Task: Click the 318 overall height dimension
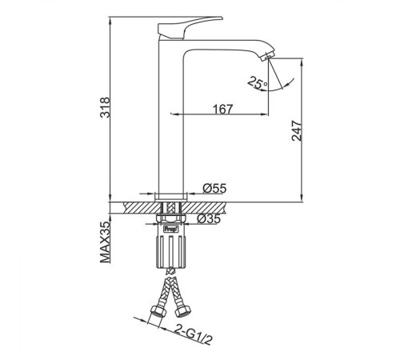[105, 107]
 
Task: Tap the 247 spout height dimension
[297, 130]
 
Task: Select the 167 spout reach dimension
[222, 109]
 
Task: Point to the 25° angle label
[258, 82]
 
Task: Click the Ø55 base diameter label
[214, 189]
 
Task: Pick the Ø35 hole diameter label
[209, 218]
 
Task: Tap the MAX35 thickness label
[105, 242]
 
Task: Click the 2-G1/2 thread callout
[194, 334]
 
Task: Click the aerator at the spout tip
[267, 57]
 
